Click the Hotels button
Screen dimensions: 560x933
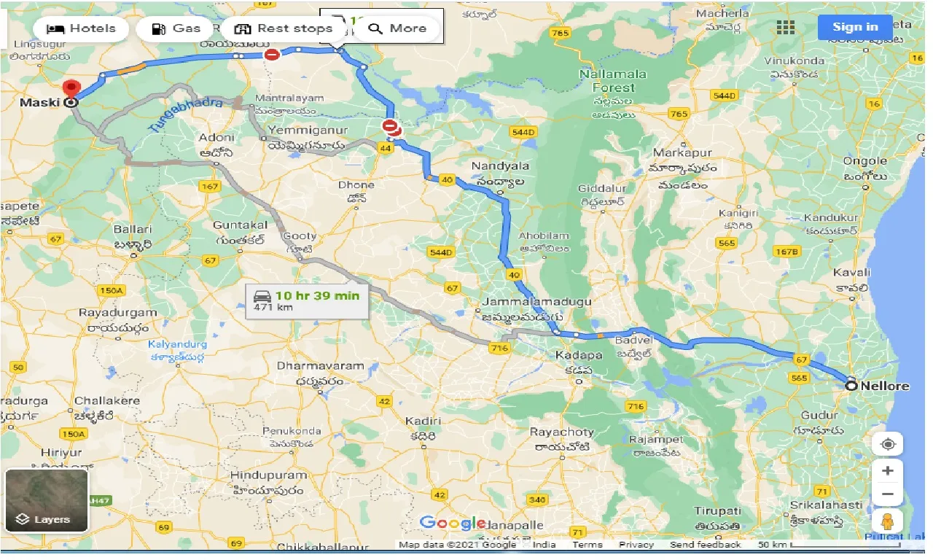point(81,29)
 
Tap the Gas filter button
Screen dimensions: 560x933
point(176,29)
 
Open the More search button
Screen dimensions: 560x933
point(397,29)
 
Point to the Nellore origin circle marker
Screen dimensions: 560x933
point(851,386)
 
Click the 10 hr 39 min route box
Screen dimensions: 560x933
point(307,300)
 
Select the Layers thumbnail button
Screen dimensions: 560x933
point(47,500)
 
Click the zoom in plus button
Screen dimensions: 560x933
point(887,470)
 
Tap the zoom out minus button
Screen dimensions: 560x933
point(887,494)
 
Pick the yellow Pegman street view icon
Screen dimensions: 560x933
point(887,522)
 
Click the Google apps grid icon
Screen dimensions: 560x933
point(785,28)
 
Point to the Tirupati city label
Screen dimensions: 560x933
point(718,511)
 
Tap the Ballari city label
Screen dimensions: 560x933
point(133,229)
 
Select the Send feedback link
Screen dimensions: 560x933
point(706,545)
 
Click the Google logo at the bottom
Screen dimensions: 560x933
point(453,522)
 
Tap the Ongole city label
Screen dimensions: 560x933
point(864,161)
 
